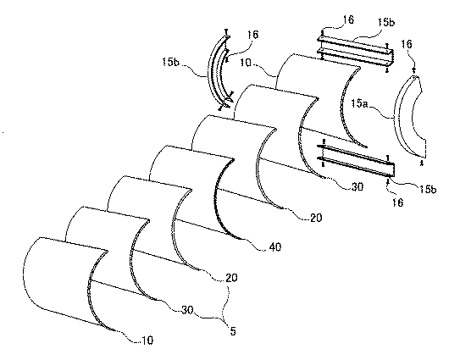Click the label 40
tap(274, 246)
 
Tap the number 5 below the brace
tap(233, 331)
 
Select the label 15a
tap(359, 103)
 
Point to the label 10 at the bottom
tap(147, 341)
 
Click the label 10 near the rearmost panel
tap(246, 62)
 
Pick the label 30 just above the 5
tap(187, 310)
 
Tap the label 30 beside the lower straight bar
tap(357, 186)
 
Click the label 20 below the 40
tap(231, 278)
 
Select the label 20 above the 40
tap(316, 218)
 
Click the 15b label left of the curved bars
tap(170, 62)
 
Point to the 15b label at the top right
tap(386, 22)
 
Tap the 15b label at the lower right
tap(428, 189)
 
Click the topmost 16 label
tap(348, 19)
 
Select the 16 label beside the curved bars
tap(252, 35)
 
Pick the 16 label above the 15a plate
tap(407, 44)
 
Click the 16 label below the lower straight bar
tap(397, 202)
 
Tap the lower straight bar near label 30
tap(357, 161)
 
